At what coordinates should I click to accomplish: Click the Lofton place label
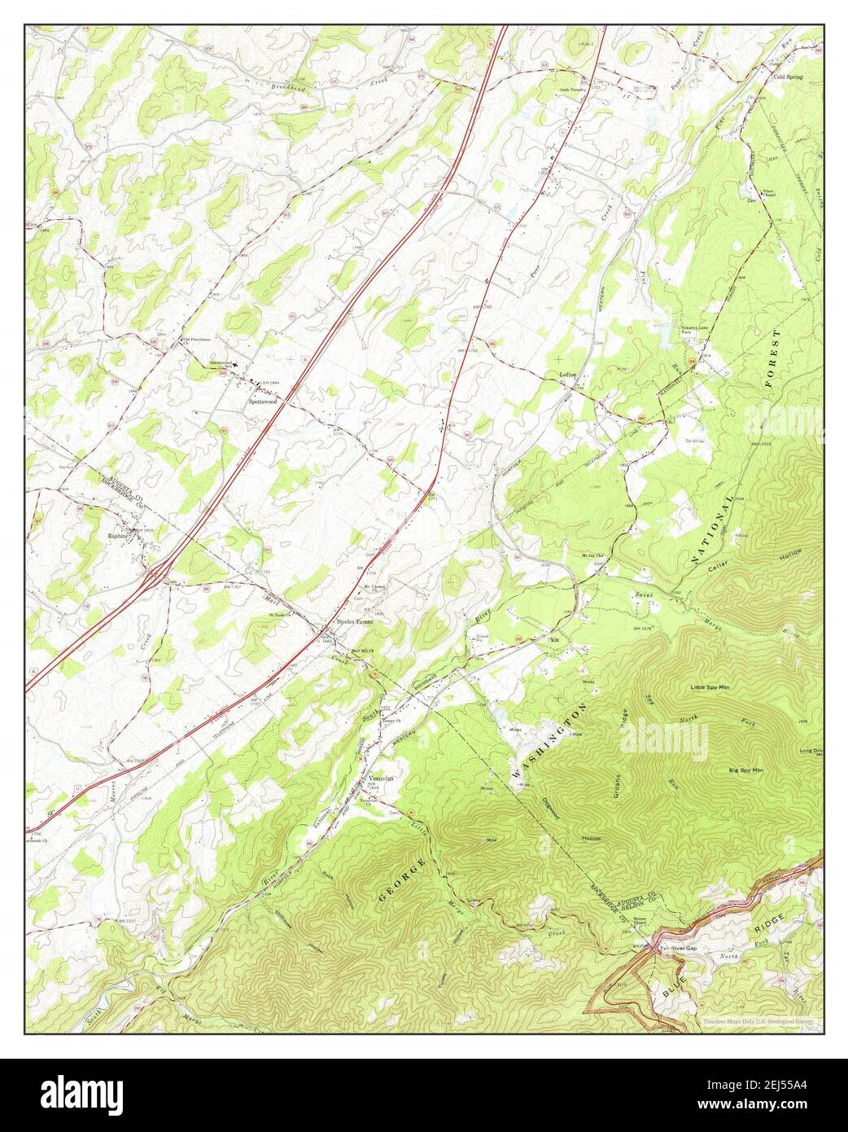[x=568, y=375]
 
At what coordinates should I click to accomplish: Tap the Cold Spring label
[x=787, y=77]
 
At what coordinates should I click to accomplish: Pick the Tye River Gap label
[x=678, y=950]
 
